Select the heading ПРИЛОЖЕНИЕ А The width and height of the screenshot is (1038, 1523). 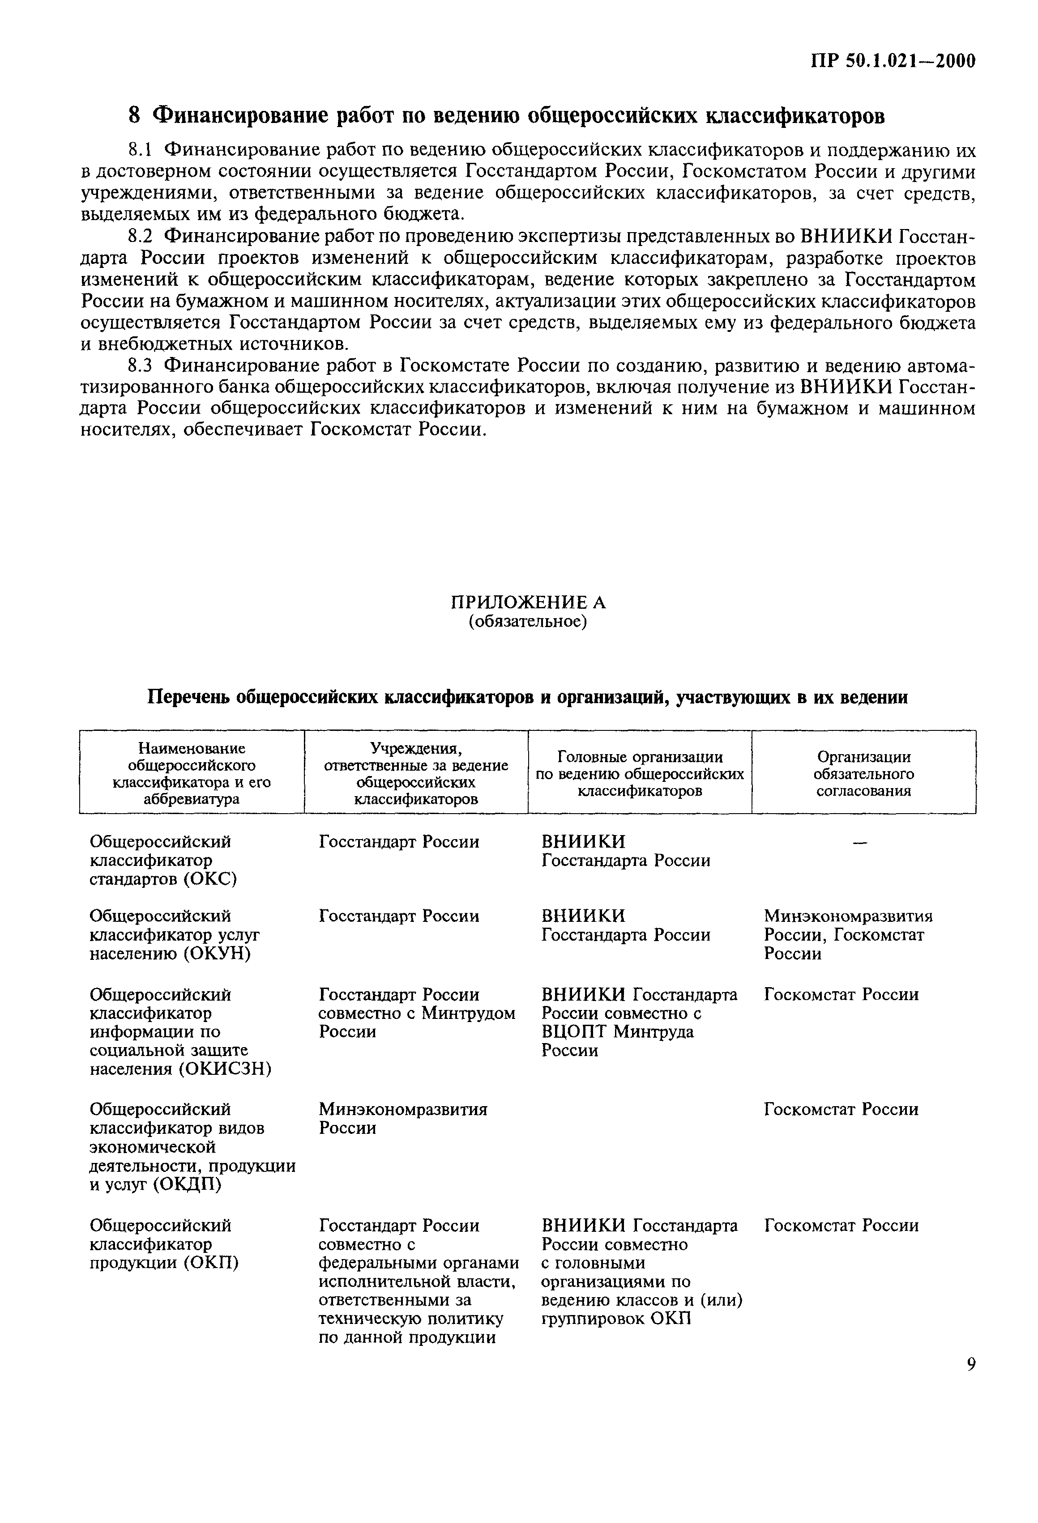tap(528, 602)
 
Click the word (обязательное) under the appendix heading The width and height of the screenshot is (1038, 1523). tap(527, 621)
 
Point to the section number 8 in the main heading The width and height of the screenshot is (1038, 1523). tap(134, 115)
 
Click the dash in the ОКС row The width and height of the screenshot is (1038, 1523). tap(860, 843)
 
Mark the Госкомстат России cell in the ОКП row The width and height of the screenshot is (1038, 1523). tap(842, 1226)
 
